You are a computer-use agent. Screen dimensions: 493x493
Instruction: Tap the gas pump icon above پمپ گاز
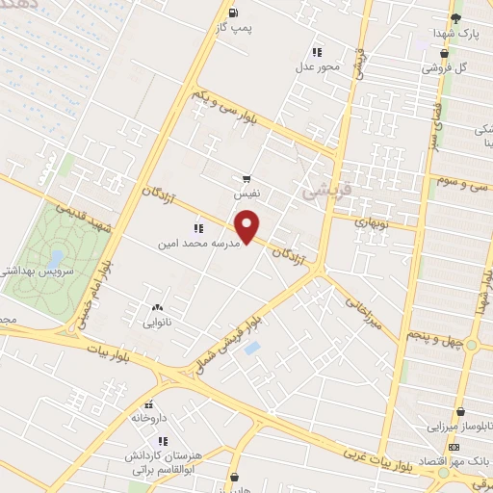(x=234, y=12)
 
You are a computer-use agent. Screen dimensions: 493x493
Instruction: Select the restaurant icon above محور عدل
(x=315, y=52)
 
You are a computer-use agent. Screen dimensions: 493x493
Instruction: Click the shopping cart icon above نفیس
(x=247, y=178)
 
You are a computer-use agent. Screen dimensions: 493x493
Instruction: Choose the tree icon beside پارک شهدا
(x=457, y=16)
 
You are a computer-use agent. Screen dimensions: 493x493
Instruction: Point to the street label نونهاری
(x=372, y=221)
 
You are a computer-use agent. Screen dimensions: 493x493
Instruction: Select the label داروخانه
(x=149, y=419)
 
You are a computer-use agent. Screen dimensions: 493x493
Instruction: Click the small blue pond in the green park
(x=56, y=258)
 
